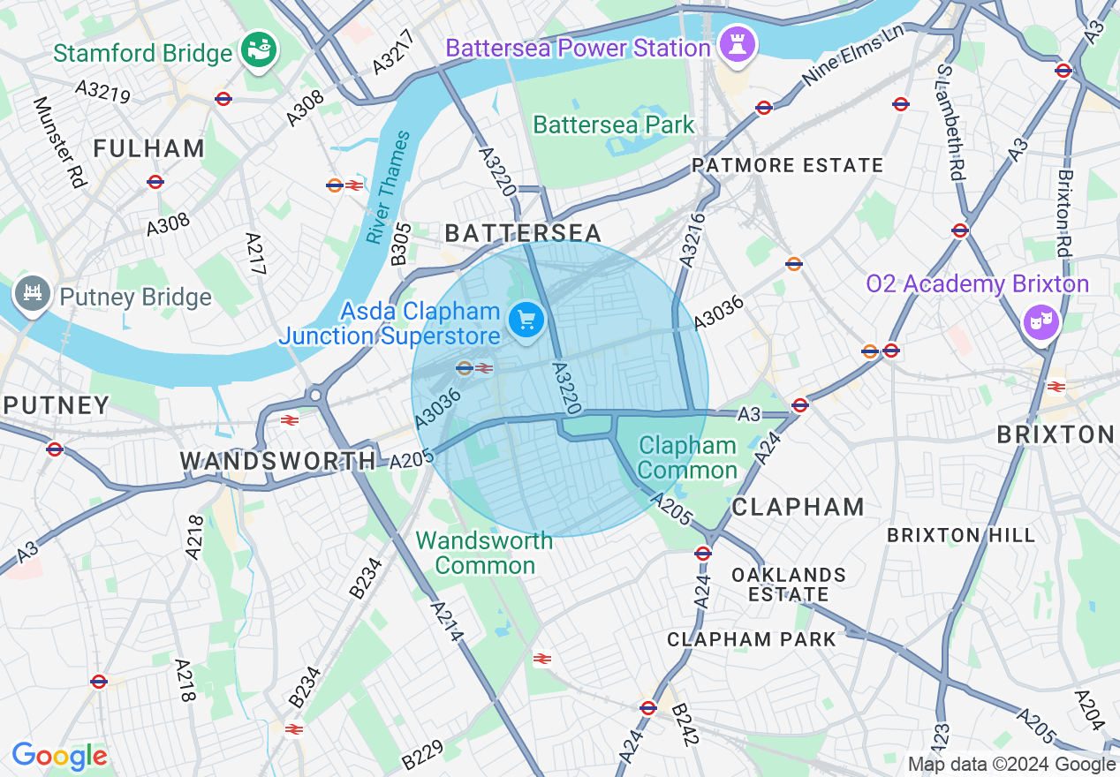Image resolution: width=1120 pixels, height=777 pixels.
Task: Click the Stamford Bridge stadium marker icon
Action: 261,49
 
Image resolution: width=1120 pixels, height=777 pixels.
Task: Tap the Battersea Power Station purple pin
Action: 735,46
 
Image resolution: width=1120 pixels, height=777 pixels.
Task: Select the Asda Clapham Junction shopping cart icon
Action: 526,320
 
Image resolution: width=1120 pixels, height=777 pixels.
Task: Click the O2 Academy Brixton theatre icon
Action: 1041,321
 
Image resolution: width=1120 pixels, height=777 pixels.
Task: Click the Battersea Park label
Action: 614,124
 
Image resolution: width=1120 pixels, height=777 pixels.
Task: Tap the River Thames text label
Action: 389,187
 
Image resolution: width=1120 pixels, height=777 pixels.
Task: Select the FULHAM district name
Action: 149,148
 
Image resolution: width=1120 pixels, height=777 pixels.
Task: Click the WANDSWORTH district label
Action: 277,461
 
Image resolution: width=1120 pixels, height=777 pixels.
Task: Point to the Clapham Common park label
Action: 687,457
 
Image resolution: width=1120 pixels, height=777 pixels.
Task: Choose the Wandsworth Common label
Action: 484,553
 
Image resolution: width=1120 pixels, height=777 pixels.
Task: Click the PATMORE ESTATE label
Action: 787,165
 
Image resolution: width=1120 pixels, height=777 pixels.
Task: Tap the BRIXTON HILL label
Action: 960,535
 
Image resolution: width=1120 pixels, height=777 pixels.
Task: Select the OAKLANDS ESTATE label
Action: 789,585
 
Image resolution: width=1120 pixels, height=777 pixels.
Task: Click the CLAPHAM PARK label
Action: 751,639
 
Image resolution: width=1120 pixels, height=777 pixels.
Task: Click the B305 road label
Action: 401,244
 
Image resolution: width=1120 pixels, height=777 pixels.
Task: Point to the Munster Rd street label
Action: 58,141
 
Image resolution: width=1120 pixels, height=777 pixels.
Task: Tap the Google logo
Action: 59,757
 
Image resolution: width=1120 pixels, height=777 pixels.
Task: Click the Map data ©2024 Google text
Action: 1011,765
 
